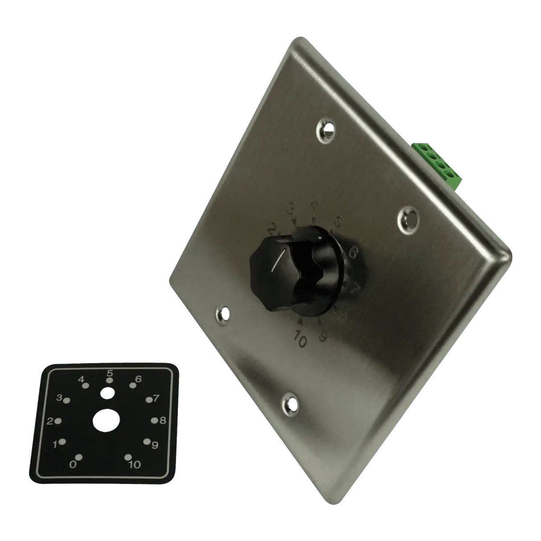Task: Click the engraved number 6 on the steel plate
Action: click(x=353, y=253)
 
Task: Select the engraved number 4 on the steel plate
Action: click(x=314, y=206)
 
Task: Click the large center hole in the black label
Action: click(x=106, y=421)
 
